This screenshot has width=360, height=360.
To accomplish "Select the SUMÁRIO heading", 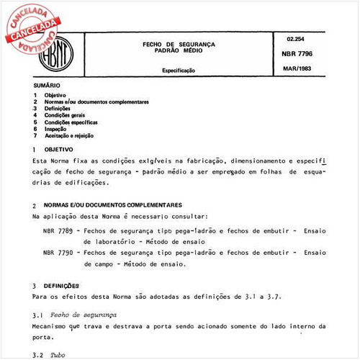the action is point(47,86).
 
